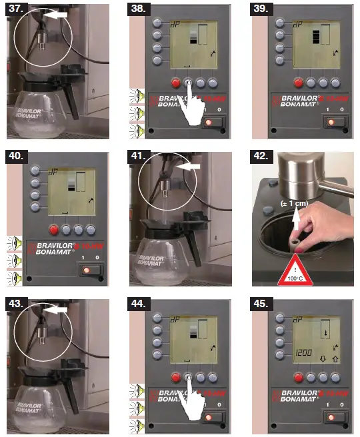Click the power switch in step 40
point(88,270)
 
